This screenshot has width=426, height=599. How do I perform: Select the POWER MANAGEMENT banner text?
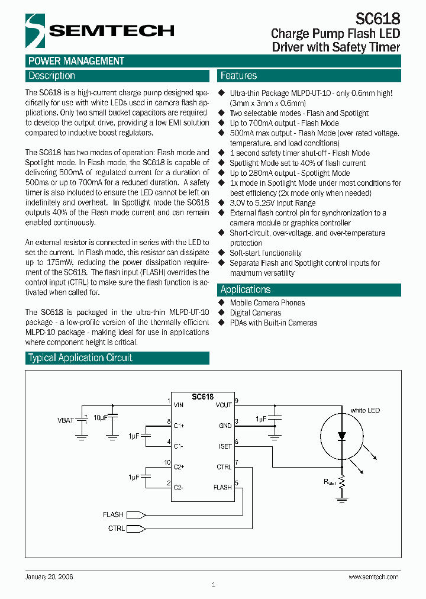[x=76, y=61]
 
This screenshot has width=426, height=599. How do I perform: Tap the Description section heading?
[x=52, y=76]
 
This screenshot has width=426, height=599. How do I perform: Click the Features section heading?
[x=238, y=76]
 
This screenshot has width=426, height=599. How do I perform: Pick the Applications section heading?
[x=246, y=289]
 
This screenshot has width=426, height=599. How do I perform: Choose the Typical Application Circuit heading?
[x=80, y=358]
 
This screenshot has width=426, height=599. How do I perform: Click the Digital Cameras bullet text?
[x=255, y=313]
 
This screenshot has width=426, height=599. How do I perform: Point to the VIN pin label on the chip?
[x=178, y=405]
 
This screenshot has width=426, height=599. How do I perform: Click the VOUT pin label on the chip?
[x=224, y=405]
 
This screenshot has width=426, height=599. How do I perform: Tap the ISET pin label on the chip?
[x=225, y=446]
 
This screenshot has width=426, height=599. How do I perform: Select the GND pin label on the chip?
[x=225, y=426]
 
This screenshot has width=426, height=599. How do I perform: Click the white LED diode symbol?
[x=341, y=437]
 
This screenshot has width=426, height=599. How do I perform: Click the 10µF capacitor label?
[x=101, y=417]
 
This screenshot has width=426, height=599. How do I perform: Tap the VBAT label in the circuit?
[x=65, y=420]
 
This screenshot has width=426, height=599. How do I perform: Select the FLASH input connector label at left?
[x=113, y=514]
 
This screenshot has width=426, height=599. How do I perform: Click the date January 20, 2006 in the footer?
[x=50, y=576]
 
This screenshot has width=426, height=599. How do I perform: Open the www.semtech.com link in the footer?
[x=373, y=577]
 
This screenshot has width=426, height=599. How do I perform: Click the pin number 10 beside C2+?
[x=167, y=462]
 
